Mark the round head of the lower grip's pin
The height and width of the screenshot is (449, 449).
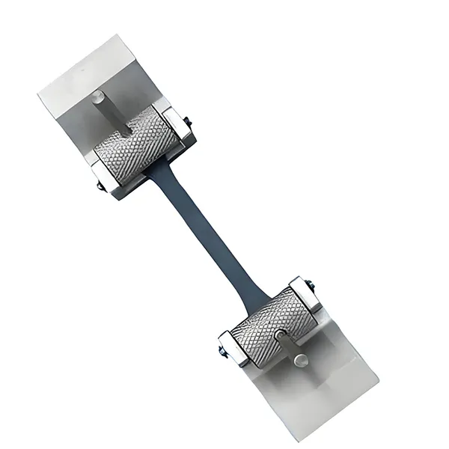tap(299, 361)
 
